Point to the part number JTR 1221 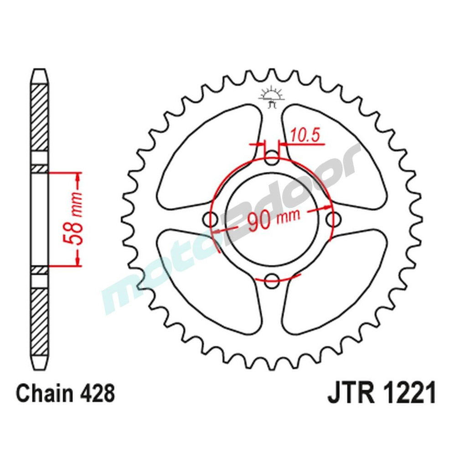point(382,393)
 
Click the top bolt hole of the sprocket point(272,160)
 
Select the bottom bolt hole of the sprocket point(272,279)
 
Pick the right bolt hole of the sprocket point(332,219)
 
